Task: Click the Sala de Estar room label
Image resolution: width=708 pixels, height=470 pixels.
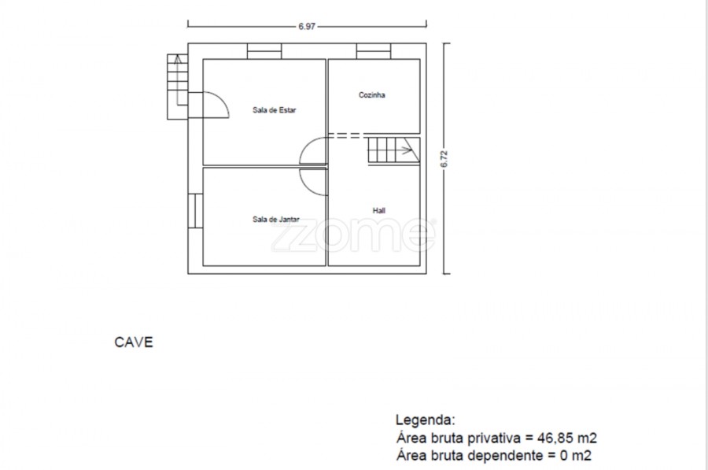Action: pyautogui.click(x=274, y=109)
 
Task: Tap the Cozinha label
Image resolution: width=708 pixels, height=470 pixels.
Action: pyautogui.click(x=371, y=95)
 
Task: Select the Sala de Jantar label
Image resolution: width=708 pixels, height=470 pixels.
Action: pyautogui.click(x=276, y=219)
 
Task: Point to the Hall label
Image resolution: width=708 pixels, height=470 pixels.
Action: pyautogui.click(x=379, y=210)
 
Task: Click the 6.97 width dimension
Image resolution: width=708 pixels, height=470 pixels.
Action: pyautogui.click(x=307, y=26)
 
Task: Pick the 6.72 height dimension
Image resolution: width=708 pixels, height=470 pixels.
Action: pyautogui.click(x=444, y=158)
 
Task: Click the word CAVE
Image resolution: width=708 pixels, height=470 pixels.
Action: pyautogui.click(x=134, y=342)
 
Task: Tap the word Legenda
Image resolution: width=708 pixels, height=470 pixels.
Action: pyautogui.click(x=426, y=420)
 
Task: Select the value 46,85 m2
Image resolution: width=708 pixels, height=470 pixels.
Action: pyautogui.click(x=567, y=438)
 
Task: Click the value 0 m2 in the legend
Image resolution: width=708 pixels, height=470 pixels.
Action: pyautogui.click(x=576, y=455)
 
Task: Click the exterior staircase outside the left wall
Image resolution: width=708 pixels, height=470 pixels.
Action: pyautogui.click(x=178, y=87)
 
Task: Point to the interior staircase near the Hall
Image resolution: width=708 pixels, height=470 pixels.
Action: pyautogui.click(x=394, y=151)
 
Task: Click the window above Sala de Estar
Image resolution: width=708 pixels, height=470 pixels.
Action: pyautogui.click(x=264, y=51)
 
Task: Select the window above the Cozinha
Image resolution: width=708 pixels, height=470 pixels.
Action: pyautogui.click(x=374, y=51)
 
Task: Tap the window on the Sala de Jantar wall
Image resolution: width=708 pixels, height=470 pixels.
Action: pyautogui.click(x=195, y=211)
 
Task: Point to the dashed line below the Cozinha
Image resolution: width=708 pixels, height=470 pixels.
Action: pyautogui.click(x=344, y=135)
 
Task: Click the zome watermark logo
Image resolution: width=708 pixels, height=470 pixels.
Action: pyautogui.click(x=353, y=235)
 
